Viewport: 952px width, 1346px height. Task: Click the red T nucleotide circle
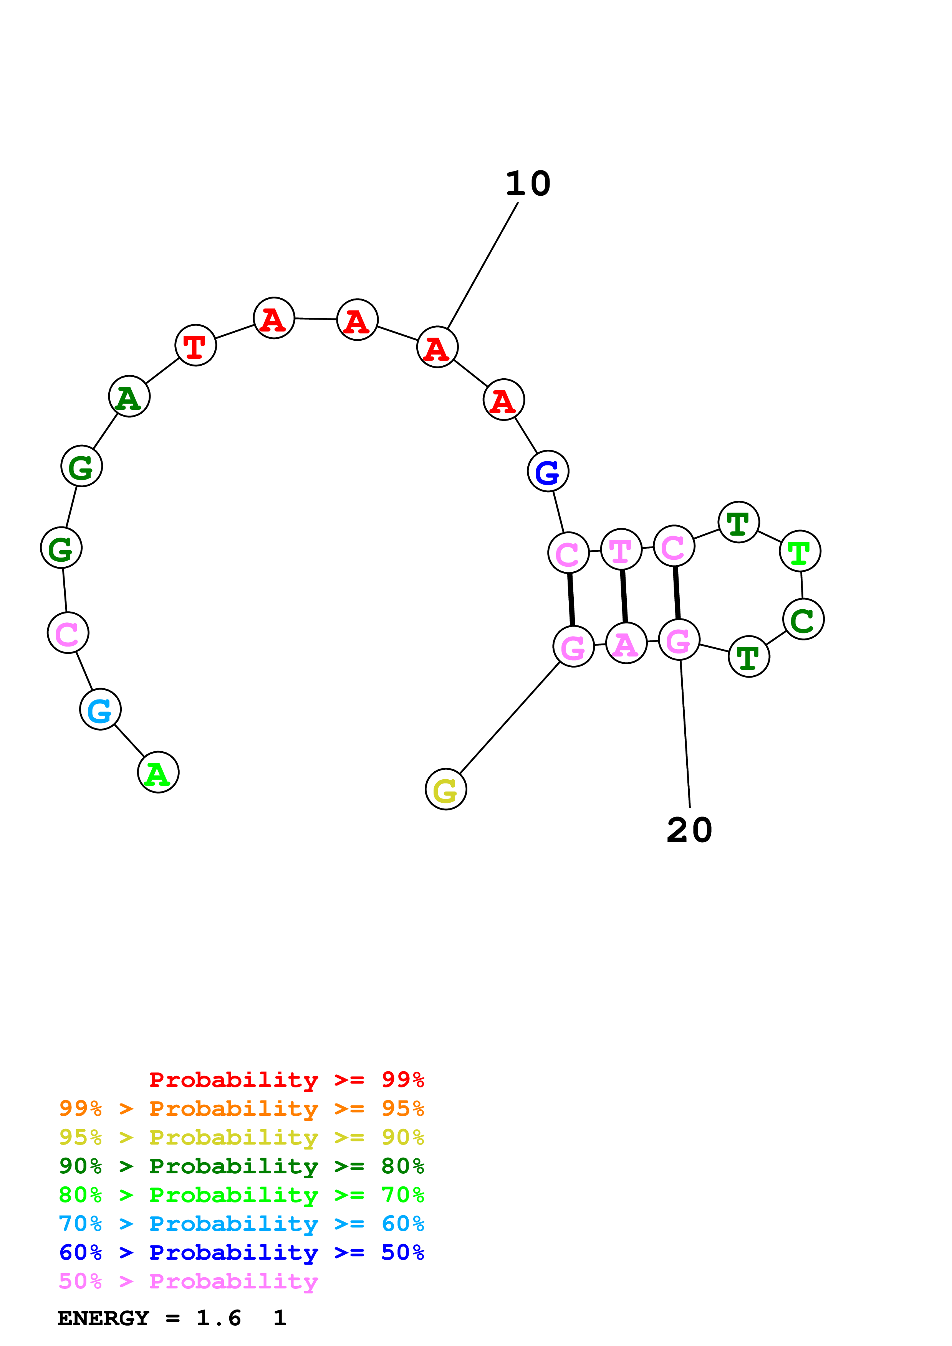[195, 345]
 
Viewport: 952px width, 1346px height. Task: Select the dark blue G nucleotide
[548, 471]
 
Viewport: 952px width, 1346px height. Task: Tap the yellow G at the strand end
[446, 789]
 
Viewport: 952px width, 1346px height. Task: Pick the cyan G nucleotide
[100, 709]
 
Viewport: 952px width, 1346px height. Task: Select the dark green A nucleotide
[129, 397]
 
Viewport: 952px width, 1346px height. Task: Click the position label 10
[528, 184]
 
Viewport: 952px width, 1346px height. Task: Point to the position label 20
[689, 830]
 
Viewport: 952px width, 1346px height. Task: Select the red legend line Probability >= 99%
[286, 1080]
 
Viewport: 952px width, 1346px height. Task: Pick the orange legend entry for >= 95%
[242, 1108]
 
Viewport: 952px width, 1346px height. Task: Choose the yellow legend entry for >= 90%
[242, 1137]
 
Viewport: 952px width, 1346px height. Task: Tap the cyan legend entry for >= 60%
[242, 1224]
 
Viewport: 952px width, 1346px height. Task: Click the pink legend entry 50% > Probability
[188, 1282]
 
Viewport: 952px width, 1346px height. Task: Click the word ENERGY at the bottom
[103, 1318]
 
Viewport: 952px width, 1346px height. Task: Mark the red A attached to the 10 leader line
[437, 347]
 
